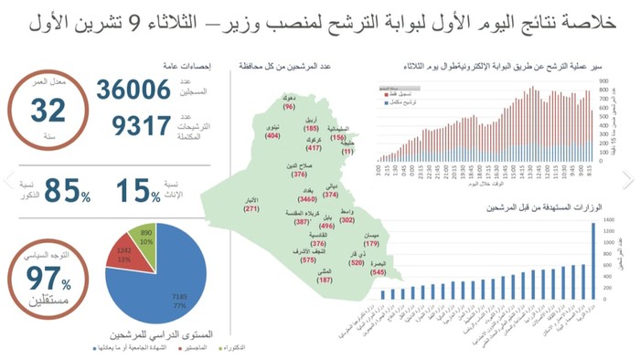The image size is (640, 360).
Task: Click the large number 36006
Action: tap(133, 90)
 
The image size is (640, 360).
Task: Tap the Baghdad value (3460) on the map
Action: tap(307, 198)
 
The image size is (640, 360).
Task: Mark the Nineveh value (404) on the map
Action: tap(272, 135)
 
